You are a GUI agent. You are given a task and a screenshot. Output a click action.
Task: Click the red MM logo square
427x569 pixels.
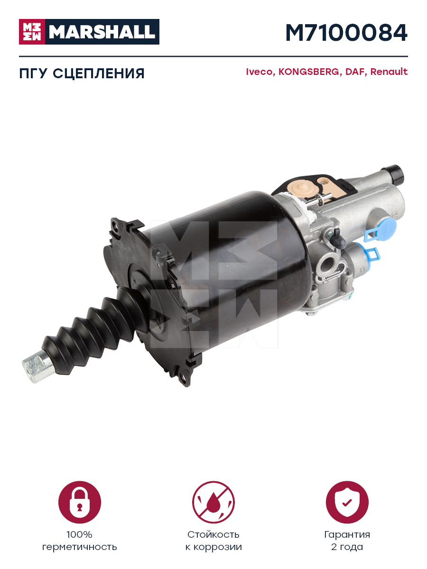[32, 32]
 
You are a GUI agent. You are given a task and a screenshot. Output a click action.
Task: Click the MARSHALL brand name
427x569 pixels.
[102, 32]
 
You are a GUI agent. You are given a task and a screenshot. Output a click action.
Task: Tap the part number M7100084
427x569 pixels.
[346, 33]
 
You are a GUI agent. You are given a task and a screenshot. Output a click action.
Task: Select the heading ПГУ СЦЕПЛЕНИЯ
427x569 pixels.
[82, 73]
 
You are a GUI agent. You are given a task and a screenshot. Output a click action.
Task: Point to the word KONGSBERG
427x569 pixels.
[309, 72]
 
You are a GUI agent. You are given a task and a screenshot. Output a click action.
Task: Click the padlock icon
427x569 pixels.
[80, 502]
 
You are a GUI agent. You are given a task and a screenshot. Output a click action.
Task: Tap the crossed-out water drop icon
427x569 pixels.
[213, 502]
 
